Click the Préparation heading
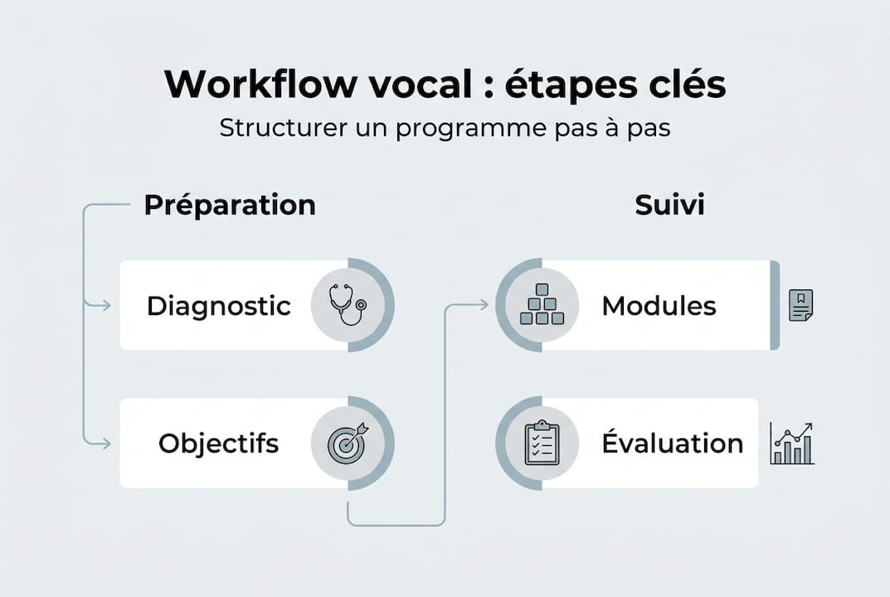(x=230, y=205)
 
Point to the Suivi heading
(x=669, y=205)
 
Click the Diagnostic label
(x=219, y=306)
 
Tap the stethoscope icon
(x=345, y=305)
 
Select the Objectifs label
(x=219, y=443)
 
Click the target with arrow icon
(x=345, y=443)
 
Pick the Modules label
(x=659, y=306)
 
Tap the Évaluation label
(x=672, y=443)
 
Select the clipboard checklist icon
(x=542, y=443)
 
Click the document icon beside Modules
(x=800, y=305)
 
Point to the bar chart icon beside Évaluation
(x=791, y=444)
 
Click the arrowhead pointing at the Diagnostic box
(x=105, y=306)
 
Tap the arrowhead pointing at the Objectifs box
(x=105, y=444)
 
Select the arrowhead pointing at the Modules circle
(x=483, y=305)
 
